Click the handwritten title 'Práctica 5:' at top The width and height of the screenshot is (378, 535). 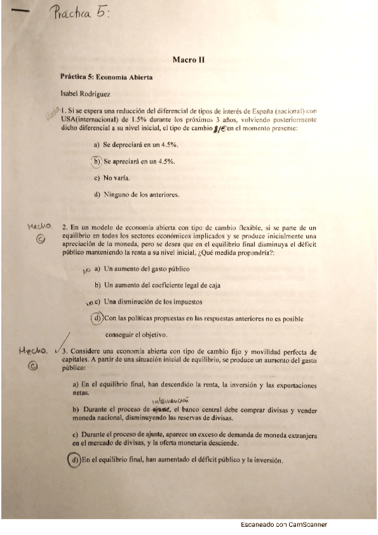(x=83, y=11)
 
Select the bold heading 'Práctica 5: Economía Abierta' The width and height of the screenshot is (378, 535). (x=107, y=77)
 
